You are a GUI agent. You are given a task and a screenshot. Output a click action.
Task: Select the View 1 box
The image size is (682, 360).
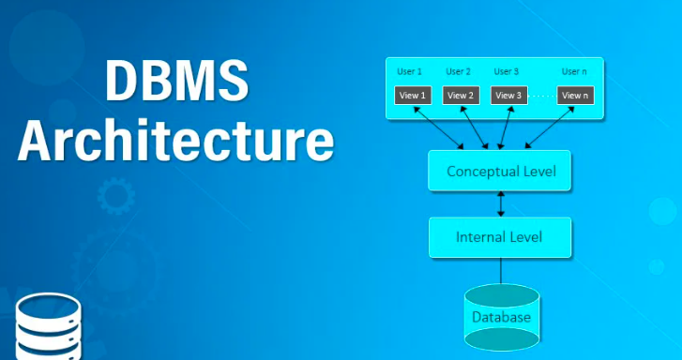coord(411,95)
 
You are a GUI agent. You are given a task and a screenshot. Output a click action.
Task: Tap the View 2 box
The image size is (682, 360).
coord(461,95)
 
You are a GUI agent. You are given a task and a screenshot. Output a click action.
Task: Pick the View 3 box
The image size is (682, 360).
coord(508,95)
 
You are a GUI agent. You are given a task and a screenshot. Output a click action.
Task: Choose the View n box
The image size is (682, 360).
coord(574,95)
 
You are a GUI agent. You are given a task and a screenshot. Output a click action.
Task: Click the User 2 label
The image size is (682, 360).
coord(458,71)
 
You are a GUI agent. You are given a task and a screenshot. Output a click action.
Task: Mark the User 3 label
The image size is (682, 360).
coord(506,71)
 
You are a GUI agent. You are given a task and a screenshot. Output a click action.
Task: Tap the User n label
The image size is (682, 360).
coord(574,71)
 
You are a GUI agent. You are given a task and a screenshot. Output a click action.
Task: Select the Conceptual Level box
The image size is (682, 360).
coord(500,171)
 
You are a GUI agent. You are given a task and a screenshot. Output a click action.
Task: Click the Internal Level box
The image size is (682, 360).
coord(499,236)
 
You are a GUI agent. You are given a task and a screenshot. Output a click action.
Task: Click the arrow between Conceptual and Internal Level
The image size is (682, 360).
coord(501,203)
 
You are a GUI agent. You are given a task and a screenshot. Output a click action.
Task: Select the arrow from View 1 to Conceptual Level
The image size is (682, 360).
coord(437,127)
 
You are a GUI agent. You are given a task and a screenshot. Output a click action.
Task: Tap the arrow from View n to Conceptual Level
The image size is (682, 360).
coord(552,127)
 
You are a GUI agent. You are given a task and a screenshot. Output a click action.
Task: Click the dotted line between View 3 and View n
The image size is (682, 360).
coord(541,95)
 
